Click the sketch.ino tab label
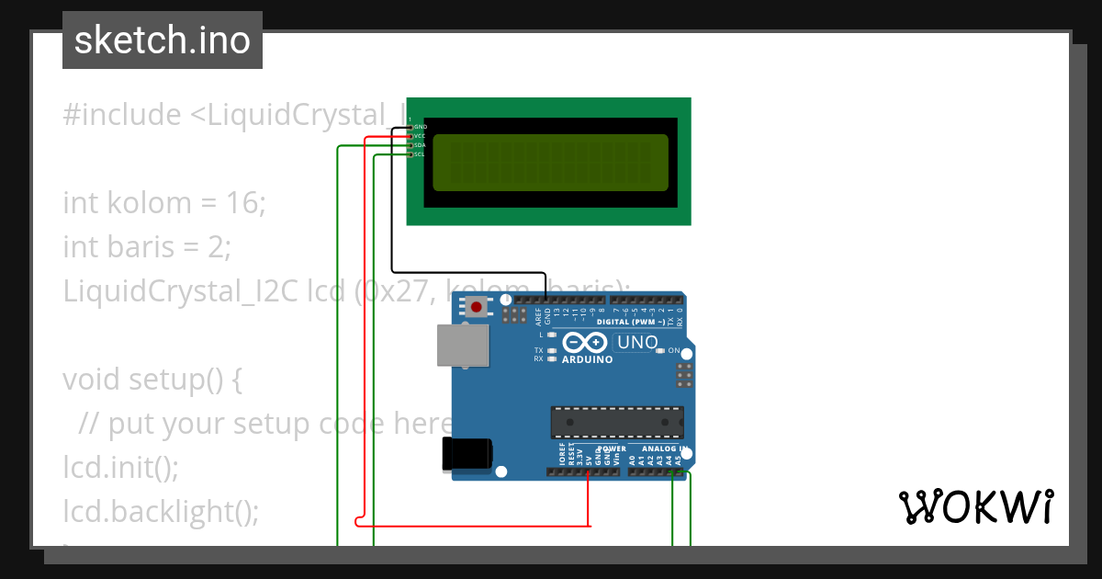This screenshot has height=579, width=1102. pyautogui.click(x=163, y=40)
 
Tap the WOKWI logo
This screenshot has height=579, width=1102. pyautogui.click(x=975, y=506)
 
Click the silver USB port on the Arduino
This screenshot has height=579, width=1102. pyautogui.click(x=462, y=346)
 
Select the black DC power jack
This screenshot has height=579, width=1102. pyautogui.click(x=468, y=455)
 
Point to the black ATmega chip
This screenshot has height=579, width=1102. pyautogui.click(x=616, y=422)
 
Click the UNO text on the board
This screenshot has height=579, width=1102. pyautogui.click(x=637, y=343)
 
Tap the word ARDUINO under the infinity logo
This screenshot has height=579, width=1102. pyautogui.click(x=587, y=359)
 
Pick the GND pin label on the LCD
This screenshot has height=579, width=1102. pyautogui.click(x=421, y=127)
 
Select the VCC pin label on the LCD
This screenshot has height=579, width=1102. pyautogui.click(x=420, y=136)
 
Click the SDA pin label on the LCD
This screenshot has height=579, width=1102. pyautogui.click(x=420, y=145)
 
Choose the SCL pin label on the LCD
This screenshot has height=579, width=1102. pyautogui.click(x=420, y=154)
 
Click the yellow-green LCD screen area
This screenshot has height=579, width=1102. pyautogui.click(x=550, y=163)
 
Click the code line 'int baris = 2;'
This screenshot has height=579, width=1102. pyautogui.click(x=147, y=246)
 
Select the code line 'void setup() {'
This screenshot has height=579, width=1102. pyautogui.click(x=152, y=379)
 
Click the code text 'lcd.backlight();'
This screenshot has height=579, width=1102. pyautogui.click(x=161, y=511)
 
